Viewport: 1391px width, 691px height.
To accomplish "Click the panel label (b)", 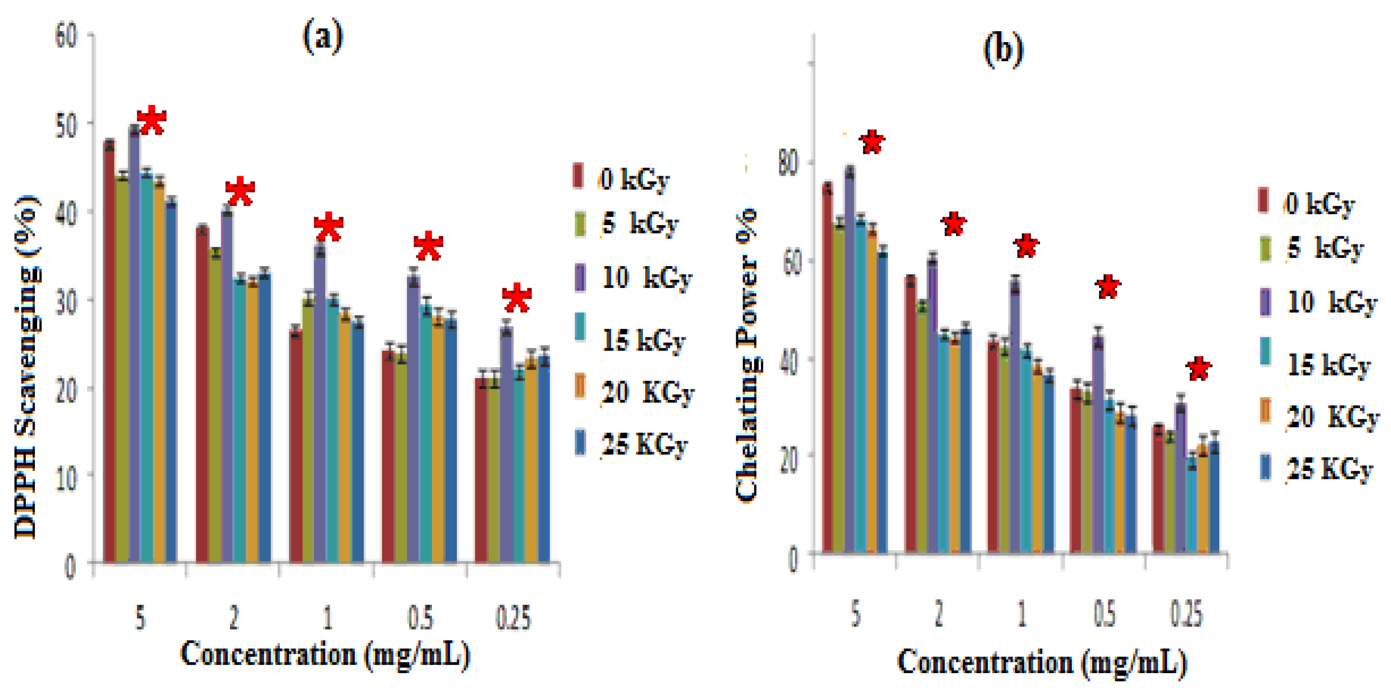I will pos(1003,50).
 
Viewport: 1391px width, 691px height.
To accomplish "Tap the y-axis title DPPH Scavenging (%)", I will pos(26,367).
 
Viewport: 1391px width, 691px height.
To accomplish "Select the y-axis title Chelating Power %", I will pos(748,356).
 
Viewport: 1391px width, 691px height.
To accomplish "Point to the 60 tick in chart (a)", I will pos(67,36).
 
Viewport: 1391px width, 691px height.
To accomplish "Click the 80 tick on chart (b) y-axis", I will pos(788,163).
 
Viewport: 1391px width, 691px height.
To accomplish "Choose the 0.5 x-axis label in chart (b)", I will pos(1104,614).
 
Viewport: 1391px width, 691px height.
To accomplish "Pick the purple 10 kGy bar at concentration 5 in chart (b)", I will pos(850,362).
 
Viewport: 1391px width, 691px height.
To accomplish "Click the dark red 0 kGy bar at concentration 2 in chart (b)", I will pos(911,416).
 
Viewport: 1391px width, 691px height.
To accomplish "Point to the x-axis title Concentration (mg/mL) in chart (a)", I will pos(324,654).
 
